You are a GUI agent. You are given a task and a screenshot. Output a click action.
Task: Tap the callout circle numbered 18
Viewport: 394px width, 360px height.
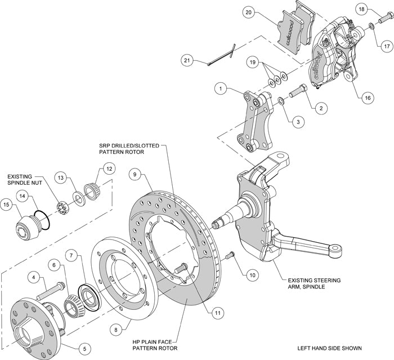pos(362,10)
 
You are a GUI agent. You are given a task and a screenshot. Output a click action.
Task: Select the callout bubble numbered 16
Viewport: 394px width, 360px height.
pos(367,97)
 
